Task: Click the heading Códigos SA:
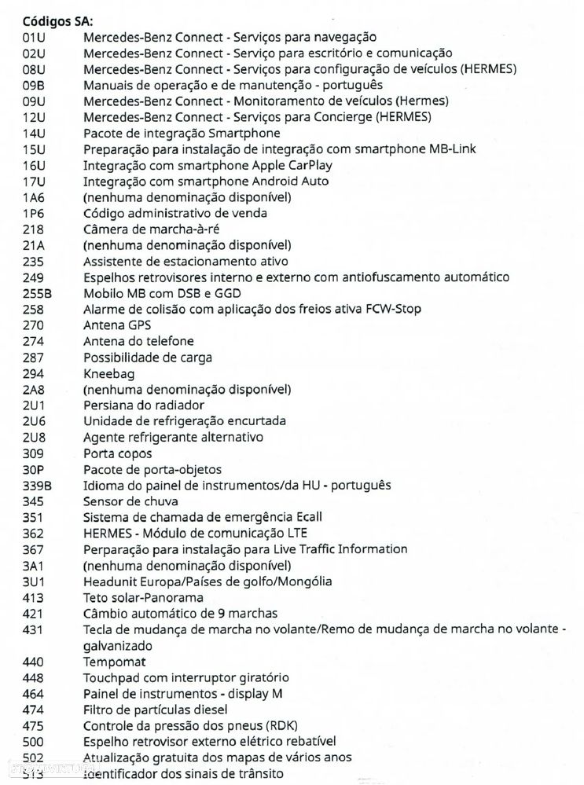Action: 59,20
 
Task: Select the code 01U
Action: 35,37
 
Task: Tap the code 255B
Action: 38,293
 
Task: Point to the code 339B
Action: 38,486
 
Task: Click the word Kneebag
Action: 108,373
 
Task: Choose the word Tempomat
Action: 116,662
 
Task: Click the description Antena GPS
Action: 117,325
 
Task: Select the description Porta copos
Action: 118,453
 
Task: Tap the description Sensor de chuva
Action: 130,501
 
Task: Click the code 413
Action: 34,597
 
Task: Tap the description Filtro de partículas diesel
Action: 159,710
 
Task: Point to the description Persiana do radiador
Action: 144,405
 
